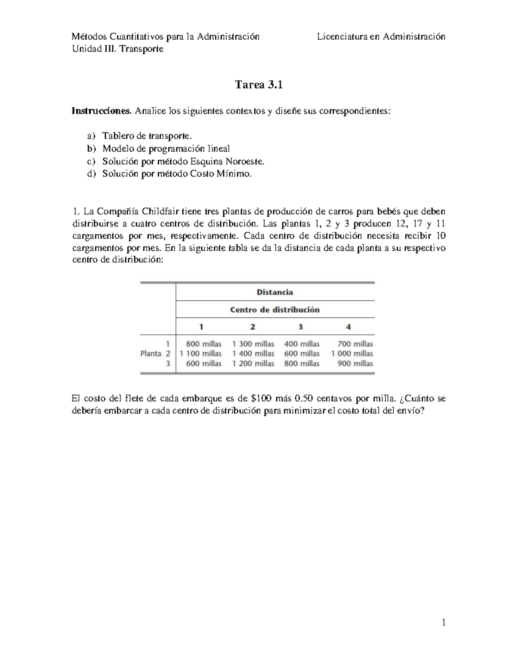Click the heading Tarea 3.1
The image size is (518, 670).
coord(259,85)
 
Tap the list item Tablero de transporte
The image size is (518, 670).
coord(146,136)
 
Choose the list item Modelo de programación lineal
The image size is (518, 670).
coord(166,149)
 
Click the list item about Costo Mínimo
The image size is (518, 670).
coord(177,174)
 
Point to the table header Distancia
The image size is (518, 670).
coord(275,292)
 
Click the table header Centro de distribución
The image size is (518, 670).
coord(275,310)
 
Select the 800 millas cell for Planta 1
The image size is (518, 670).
coord(203,344)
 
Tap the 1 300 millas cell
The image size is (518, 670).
coord(253,344)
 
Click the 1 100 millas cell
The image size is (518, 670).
coord(201,354)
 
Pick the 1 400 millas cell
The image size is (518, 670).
coord(253,354)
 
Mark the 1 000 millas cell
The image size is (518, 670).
coord(352,354)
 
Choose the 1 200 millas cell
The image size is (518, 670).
coord(253,364)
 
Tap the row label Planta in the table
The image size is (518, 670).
coord(150,354)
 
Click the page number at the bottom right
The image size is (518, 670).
coord(443,622)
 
